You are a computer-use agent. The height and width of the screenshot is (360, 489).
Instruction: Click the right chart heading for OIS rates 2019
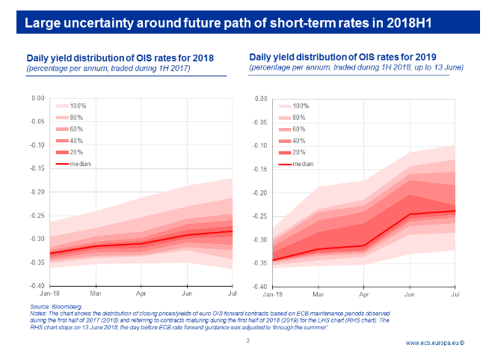pyautogui.click(x=343, y=57)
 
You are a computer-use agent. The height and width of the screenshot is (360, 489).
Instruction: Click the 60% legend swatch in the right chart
pyautogui.click(x=285, y=129)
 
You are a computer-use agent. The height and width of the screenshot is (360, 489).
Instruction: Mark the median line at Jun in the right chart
pyautogui.click(x=410, y=214)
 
